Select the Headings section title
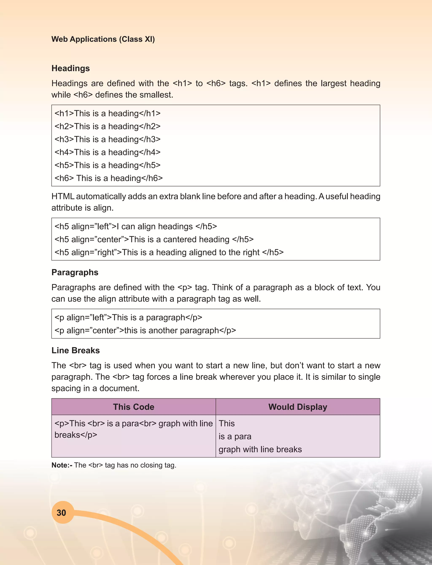click(x=70, y=68)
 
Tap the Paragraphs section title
click(x=75, y=272)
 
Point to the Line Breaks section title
click(x=75, y=350)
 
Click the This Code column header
click(x=134, y=407)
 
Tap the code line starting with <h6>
click(x=108, y=178)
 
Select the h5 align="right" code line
click(x=169, y=252)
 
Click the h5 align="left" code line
click(x=135, y=226)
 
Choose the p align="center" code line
click(x=145, y=330)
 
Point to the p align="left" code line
click(x=128, y=317)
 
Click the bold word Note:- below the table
click(x=62, y=465)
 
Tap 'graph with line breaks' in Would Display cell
click(x=260, y=449)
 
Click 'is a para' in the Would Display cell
click(x=235, y=436)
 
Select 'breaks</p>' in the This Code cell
click(x=76, y=435)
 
